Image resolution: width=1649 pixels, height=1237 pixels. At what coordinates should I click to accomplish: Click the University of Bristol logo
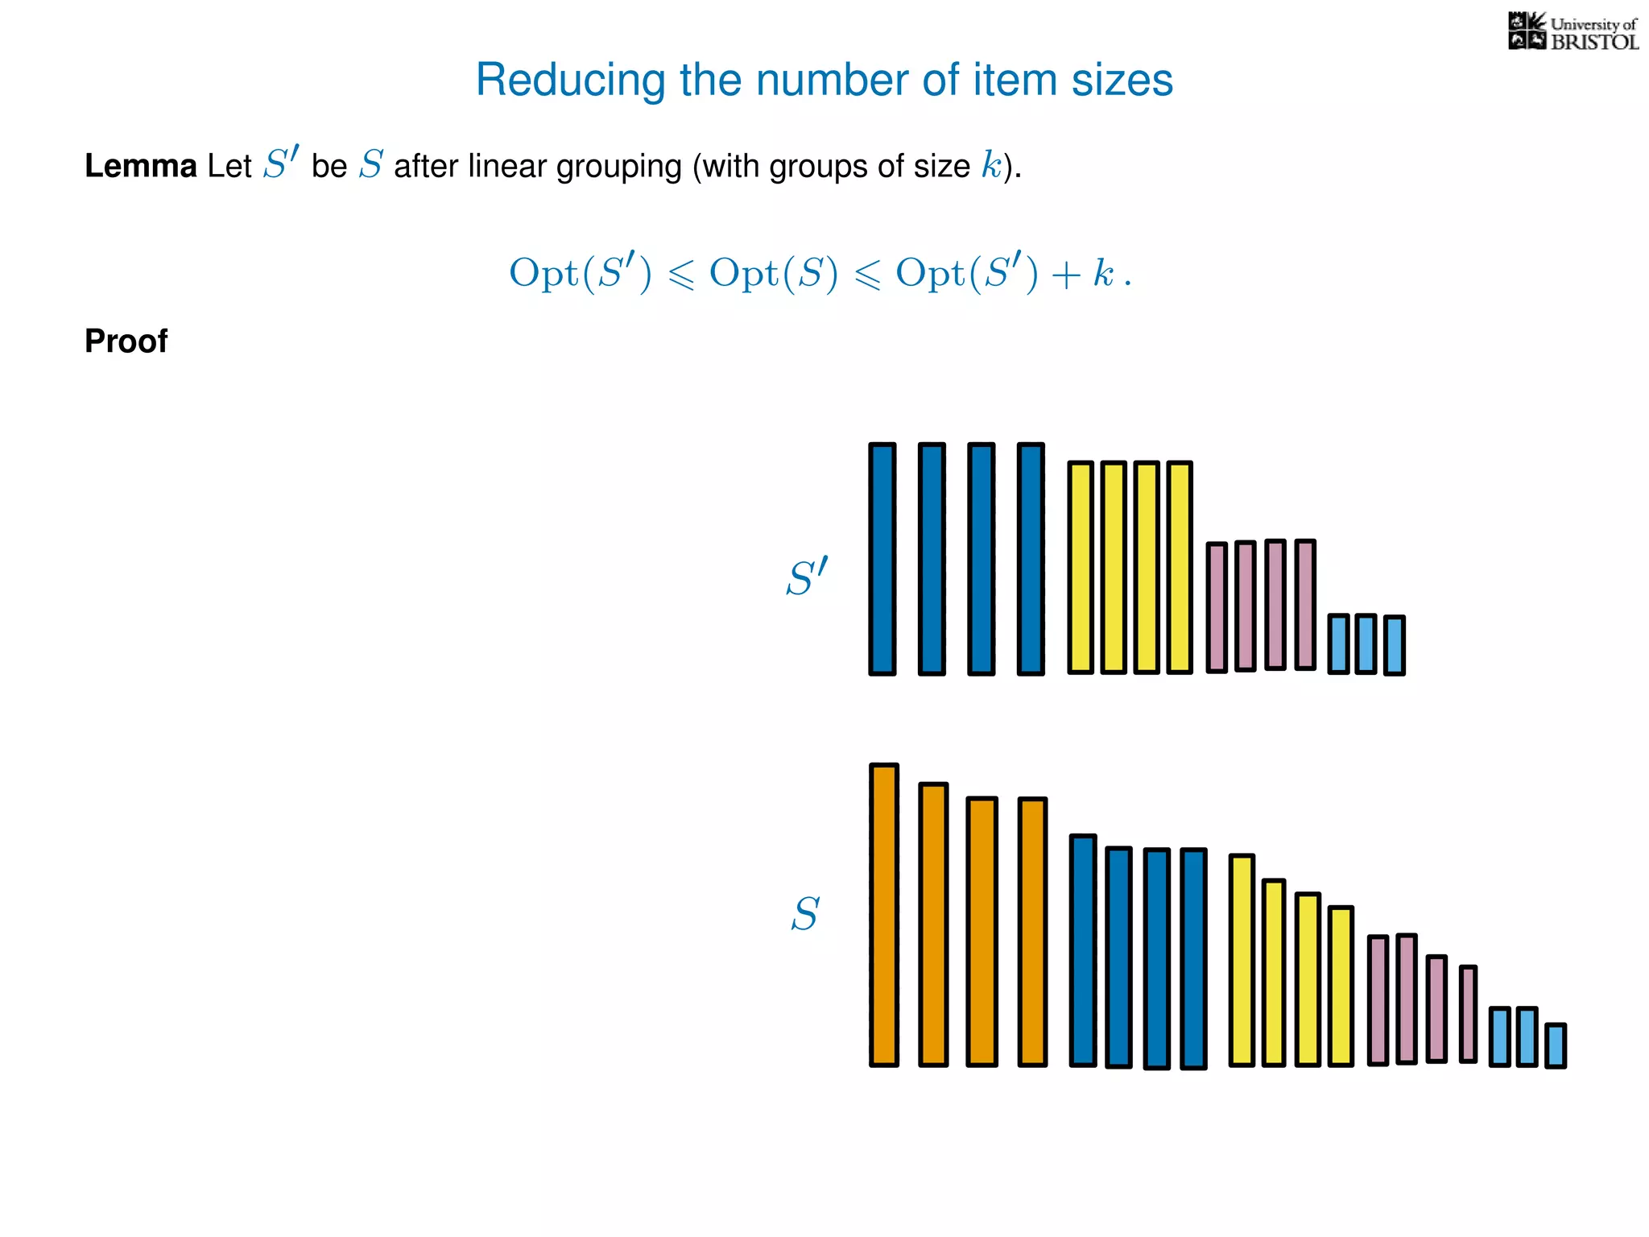1573,32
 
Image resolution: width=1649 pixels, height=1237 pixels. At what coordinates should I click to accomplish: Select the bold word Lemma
140,167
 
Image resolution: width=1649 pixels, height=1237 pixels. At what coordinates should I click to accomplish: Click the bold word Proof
126,341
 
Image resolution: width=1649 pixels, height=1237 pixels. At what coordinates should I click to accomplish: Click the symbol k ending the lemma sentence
991,166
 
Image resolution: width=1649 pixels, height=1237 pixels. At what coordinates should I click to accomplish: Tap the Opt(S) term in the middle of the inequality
773,274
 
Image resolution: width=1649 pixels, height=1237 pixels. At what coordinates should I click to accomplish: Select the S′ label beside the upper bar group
806,577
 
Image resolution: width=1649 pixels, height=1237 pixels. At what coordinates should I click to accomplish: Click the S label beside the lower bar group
804,914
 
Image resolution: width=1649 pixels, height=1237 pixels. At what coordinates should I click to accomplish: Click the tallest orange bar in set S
883,915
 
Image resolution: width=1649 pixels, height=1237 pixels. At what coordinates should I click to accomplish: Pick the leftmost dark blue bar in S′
882,559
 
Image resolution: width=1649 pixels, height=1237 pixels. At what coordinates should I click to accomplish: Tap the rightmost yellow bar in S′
1179,567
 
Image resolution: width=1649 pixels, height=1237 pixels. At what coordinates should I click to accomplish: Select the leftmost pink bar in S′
1217,607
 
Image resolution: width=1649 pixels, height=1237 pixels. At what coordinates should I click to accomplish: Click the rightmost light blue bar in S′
1394,645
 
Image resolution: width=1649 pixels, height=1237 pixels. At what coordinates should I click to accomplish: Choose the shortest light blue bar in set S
1556,1045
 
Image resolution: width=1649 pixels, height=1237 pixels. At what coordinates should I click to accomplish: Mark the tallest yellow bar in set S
1242,960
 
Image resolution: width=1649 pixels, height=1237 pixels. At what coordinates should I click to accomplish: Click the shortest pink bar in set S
1468,1014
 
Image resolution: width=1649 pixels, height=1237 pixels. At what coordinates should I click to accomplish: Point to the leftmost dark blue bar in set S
1083,950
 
